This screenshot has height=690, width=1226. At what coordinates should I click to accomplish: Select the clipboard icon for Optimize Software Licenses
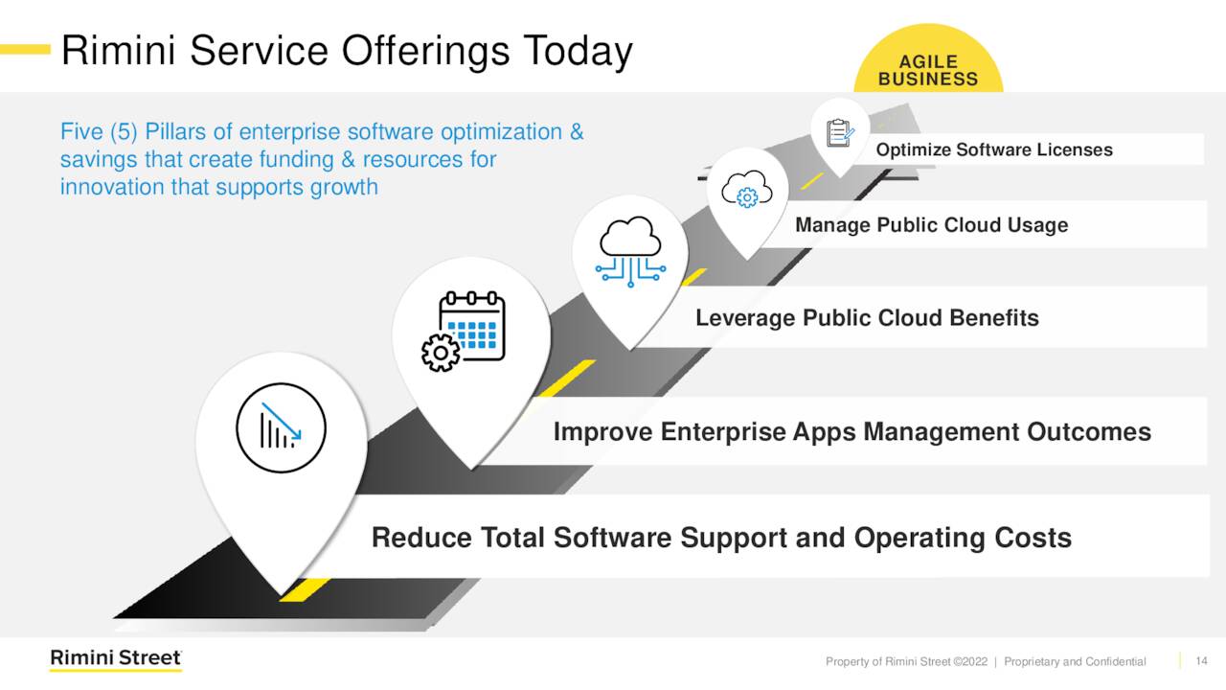coord(840,133)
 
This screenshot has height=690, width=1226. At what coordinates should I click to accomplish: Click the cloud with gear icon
coord(747,190)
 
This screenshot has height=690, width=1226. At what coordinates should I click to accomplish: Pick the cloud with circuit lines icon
coord(630,251)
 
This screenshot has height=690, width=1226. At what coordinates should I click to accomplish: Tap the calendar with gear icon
coord(464,332)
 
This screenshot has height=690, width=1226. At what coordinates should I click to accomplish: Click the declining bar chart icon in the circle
coord(281,427)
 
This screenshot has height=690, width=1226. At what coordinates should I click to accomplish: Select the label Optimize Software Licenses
coord(994,150)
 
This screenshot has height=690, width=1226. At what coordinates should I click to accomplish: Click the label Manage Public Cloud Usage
coord(932,225)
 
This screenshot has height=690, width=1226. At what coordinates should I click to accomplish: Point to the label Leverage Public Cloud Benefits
coord(867,318)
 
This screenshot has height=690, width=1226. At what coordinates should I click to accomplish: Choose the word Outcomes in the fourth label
coord(1089,431)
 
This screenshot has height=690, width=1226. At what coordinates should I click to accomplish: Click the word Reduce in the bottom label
coord(421,538)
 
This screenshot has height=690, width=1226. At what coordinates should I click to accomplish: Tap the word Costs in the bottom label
coord(1033,538)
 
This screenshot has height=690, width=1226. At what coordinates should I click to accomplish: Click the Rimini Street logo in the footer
coord(116,658)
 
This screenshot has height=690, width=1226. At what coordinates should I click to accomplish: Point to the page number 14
coord(1201,661)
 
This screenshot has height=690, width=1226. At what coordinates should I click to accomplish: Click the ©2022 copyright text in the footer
coord(970,661)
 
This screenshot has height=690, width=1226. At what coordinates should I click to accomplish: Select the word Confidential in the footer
coord(1116,661)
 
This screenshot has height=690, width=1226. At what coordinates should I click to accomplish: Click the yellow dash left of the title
coord(25,50)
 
